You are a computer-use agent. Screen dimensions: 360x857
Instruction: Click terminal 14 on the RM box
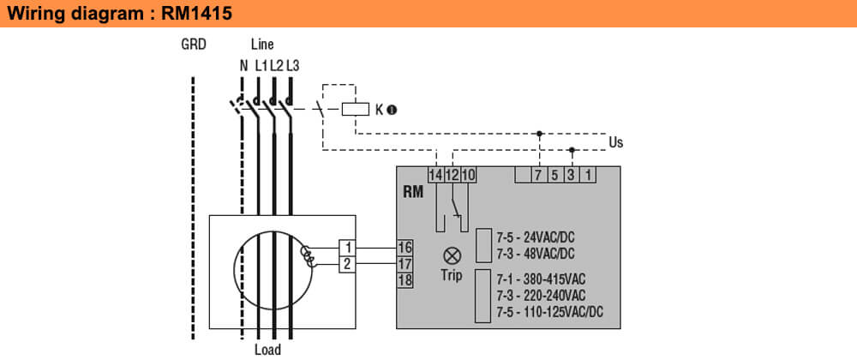tap(436, 175)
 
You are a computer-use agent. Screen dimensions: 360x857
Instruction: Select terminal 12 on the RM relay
tap(452, 175)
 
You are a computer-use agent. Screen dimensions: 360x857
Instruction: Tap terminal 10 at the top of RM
tap(467, 175)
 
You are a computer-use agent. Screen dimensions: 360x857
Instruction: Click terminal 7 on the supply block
tap(537, 175)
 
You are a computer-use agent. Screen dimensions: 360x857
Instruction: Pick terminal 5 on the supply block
tap(554, 175)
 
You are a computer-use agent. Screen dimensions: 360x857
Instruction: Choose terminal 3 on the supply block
tap(572, 175)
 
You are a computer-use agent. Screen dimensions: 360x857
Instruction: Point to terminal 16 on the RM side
tap(405, 247)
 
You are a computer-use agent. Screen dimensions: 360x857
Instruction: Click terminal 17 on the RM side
tap(405, 263)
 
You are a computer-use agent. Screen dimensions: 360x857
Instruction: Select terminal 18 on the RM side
tap(405, 279)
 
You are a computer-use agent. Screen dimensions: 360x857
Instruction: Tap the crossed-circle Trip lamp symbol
tap(451, 255)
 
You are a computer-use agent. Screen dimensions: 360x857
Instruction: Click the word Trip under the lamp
tap(451, 276)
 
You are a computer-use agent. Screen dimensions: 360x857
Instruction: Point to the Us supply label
tap(615, 141)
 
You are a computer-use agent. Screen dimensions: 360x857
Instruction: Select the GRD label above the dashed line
tap(194, 45)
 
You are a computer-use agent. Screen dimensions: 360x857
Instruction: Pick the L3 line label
tap(292, 65)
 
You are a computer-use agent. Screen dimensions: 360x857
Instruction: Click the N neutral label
tap(243, 65)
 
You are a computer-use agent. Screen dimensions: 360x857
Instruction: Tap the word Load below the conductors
tap(267, 350)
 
